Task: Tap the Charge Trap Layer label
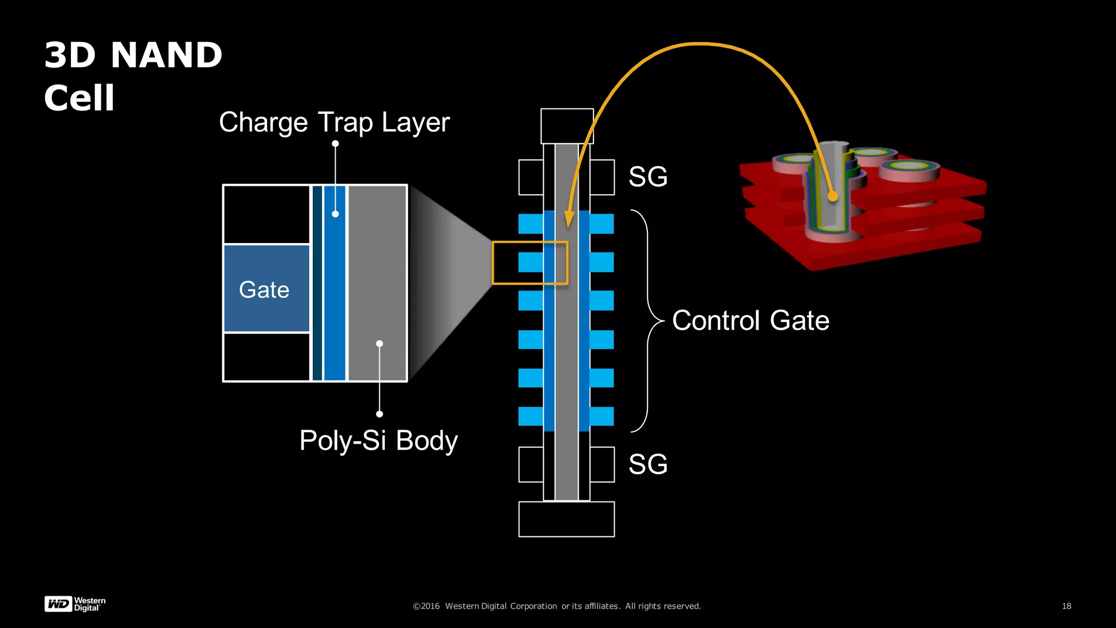point(334,122)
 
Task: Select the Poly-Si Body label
point(378,440)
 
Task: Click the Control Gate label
point(750,321)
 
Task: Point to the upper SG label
point(648,177)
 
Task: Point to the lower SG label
point(648,464)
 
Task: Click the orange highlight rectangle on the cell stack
point(530,263)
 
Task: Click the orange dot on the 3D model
point(833,196)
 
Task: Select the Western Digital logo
point(75,604)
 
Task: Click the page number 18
point(1066,606)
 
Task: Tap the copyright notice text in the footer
point(556,606)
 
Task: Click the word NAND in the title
point(166,55)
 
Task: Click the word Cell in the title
point(79,98)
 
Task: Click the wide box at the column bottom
point(566,519)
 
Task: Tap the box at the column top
point(567,126)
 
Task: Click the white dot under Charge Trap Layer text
point(336,144)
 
